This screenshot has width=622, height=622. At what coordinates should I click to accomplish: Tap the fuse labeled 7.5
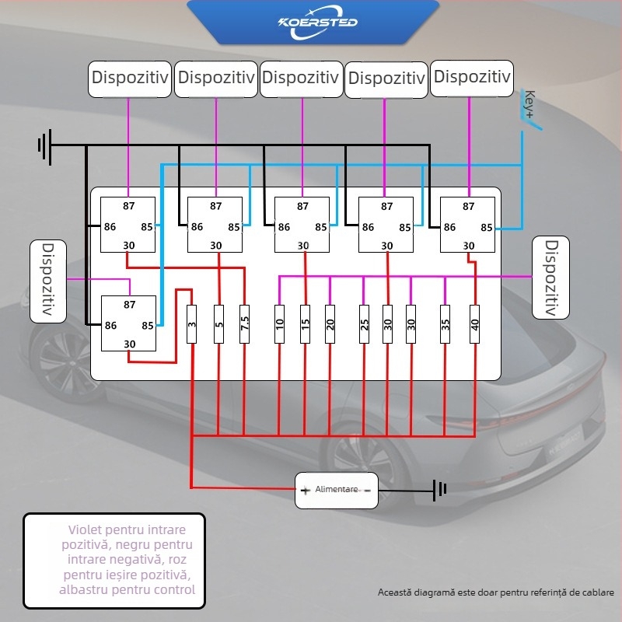pos(244,323)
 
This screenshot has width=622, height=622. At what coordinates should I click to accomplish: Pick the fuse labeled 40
pos(475,323)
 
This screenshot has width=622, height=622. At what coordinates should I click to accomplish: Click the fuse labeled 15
pos(305,323)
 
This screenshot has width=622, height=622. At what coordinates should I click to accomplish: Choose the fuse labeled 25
pos(363,323)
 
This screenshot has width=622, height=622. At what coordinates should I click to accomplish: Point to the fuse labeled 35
pos(445,323)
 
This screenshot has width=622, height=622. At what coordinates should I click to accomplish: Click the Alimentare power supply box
pos(336,490)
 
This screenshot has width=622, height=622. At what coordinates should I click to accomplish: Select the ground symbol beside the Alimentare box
pos(441,490)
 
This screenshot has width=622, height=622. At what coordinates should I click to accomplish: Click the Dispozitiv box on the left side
pos(47,281)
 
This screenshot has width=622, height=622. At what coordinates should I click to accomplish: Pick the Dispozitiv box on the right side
pos(551,278)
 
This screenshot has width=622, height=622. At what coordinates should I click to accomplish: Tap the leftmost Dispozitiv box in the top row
pos(128,79)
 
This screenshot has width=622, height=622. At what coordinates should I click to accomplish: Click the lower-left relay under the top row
pos(128,324)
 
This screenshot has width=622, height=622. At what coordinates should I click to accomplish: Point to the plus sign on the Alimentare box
pos(306,491)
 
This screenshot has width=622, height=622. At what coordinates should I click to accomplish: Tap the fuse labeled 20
pos(330,323)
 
